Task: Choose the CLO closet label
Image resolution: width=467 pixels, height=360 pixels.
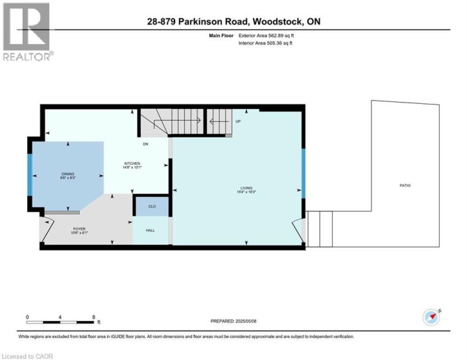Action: coord(152,206)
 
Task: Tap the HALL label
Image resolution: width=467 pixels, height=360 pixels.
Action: coord(150,230)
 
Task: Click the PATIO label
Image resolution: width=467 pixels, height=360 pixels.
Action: coord(405,186)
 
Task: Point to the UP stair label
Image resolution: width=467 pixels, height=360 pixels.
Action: coord(238,121)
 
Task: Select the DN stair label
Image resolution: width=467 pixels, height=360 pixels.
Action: coord(146,144)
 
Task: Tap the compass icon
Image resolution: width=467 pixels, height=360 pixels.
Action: coord(431,317)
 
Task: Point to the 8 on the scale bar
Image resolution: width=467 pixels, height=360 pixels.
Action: coord(94,317)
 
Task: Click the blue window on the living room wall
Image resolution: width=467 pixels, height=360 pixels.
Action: coord(304,173)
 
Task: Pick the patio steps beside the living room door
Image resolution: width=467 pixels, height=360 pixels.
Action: coord(320,229)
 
